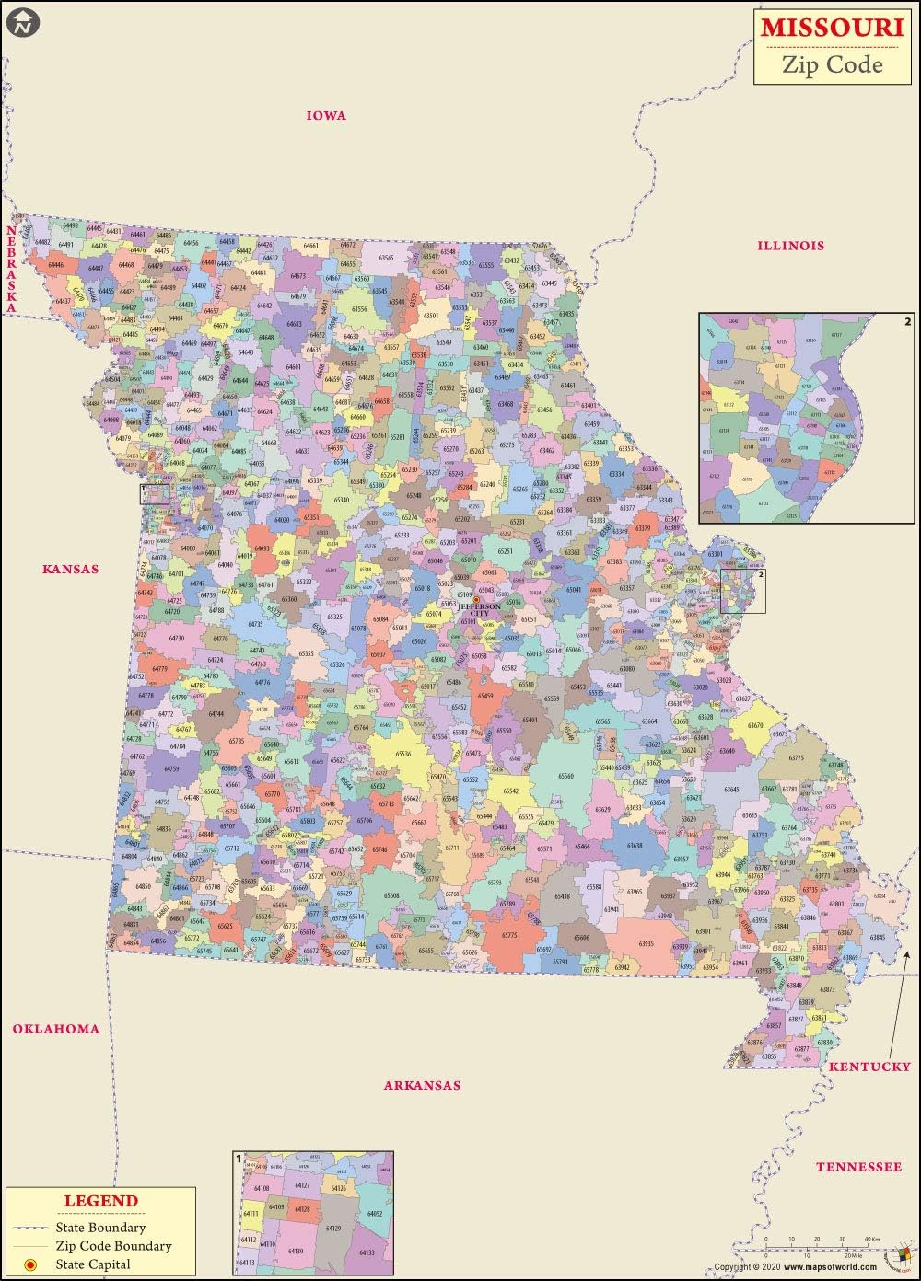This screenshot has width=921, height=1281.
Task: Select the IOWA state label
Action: coord(326,115)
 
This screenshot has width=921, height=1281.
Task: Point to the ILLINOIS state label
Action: coord(790,245)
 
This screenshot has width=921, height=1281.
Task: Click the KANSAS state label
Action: coord(70,569)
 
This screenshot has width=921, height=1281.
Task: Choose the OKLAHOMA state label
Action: coord(55,1029)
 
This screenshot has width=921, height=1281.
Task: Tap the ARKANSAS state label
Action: coord(422,1085)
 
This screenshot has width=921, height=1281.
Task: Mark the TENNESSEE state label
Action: coord(858,1167)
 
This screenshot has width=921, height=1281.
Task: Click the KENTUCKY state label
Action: coord(869,1067)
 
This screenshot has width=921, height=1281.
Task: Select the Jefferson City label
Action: coord(480,609)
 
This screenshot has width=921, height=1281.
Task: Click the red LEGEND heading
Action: coord(100,1201)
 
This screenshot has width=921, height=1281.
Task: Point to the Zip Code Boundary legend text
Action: coord(113,1246)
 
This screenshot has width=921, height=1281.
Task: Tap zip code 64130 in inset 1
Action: coord(295,1251)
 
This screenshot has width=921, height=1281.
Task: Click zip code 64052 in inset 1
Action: coord(374,1214)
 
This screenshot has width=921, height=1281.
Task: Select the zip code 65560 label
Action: coord(565,776)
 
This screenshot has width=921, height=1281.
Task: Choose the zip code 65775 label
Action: coord(509,935)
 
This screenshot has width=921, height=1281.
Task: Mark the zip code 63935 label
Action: coord(646,944)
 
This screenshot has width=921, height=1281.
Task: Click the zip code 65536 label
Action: coord(403,754)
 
